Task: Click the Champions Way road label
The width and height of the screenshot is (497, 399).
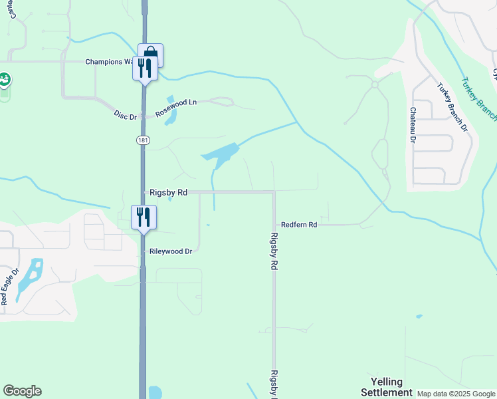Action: (110, 62)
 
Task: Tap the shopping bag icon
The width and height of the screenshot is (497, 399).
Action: (151, 55)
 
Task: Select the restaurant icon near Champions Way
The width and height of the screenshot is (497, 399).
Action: (145, 68)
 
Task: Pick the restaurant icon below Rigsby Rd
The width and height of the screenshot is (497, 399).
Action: (144, 217)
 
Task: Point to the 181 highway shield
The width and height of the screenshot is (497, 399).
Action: (143, 140)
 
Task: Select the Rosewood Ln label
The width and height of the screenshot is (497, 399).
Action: (176, 108)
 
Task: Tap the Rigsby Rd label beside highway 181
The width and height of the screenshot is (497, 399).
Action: (169, 192)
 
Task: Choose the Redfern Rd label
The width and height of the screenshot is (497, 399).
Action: (299, 225)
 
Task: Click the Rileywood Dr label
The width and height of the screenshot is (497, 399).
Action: (171, 251)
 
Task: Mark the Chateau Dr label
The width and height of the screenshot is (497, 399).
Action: (413, 126)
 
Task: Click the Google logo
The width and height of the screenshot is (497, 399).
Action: (22, 391)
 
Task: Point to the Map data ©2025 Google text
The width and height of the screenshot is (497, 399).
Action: (456, 394)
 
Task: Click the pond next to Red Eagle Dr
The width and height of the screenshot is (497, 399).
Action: (30, 277)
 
